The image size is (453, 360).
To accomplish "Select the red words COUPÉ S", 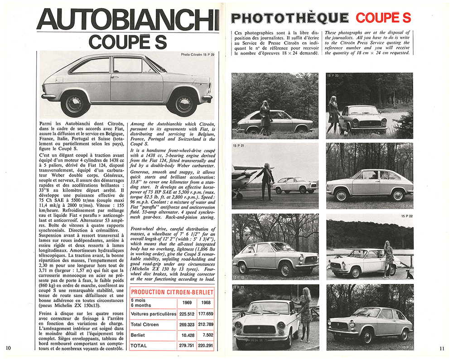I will (x=383, y=18).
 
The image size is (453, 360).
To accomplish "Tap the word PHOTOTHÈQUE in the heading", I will (x=290, y=18).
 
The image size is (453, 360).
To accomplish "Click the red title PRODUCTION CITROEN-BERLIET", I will (x=172, y=292).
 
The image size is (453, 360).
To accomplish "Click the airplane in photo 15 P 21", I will (x=247, y=176).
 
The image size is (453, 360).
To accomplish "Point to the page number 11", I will (x=442, y=348).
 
